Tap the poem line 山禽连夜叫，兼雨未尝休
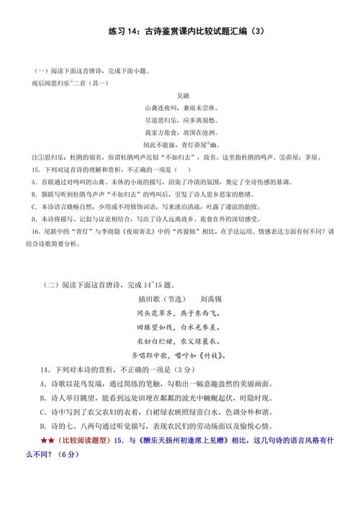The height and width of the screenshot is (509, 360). click(x=181, y=108)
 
